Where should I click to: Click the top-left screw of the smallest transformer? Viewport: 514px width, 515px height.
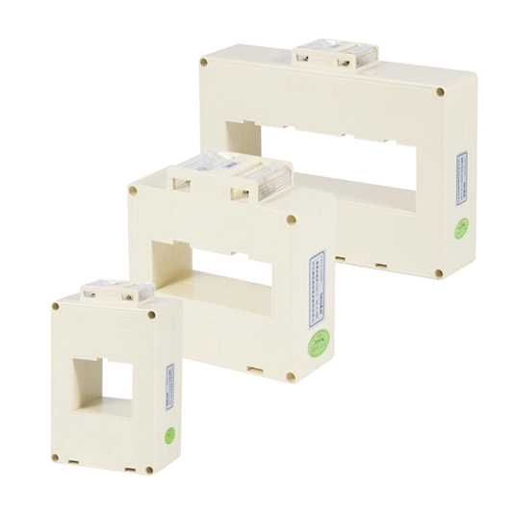[56, 307]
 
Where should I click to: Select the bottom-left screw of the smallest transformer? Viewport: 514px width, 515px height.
[56, 457]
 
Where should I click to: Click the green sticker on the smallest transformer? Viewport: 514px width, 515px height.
[169, 434]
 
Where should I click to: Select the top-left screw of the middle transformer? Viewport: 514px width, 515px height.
[132, 190]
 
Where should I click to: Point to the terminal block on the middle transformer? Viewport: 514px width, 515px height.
[231, 177]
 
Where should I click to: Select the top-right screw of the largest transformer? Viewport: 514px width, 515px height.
[440, 92]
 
